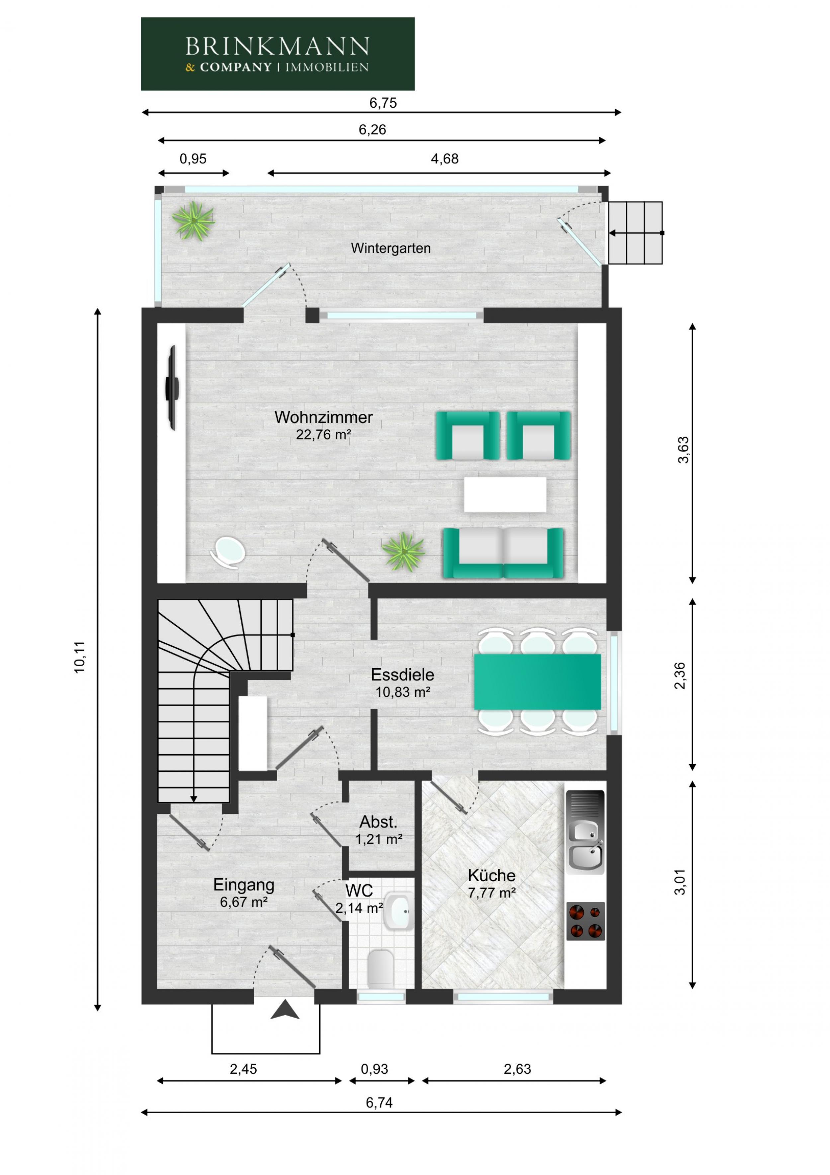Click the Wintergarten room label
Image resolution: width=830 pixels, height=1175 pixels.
(x=391, y=248)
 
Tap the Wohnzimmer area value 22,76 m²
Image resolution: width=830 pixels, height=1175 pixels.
(x=323, y=435)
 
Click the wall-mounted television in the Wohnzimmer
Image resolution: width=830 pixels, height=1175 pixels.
(x=172, y=387)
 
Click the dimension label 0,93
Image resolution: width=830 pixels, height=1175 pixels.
(x=374, y=1069)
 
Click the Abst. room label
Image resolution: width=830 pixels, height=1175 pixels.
(x=378, y=822)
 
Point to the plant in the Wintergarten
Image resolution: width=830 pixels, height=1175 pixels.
(x=193, y=221)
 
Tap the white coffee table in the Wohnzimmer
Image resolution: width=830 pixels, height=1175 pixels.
(x=505, y=494)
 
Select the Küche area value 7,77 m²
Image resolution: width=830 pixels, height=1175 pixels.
(x=491, y=893)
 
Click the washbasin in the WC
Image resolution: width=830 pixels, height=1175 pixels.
(x=398, y=911)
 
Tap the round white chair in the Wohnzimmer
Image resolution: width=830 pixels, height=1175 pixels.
(x=228, y=552)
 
